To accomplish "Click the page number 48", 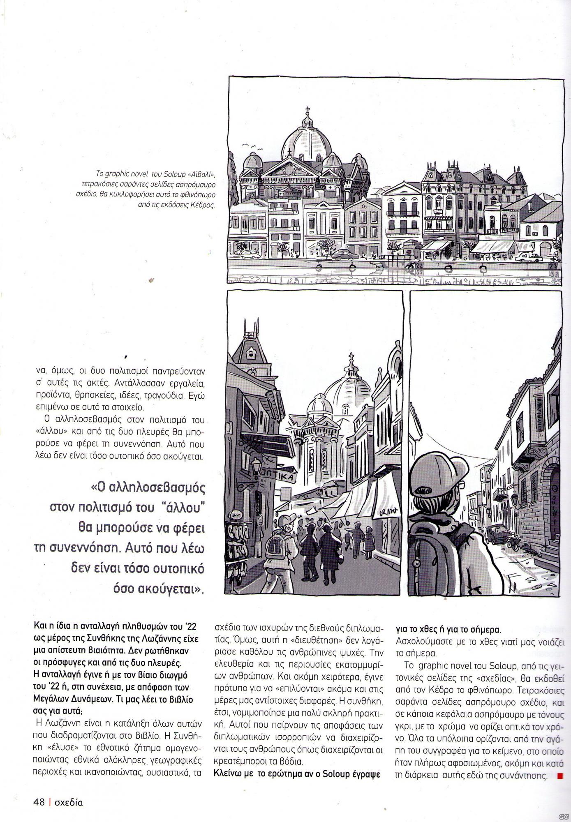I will [x=39, y=801].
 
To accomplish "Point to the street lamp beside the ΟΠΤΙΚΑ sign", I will [x=256, y=467].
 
